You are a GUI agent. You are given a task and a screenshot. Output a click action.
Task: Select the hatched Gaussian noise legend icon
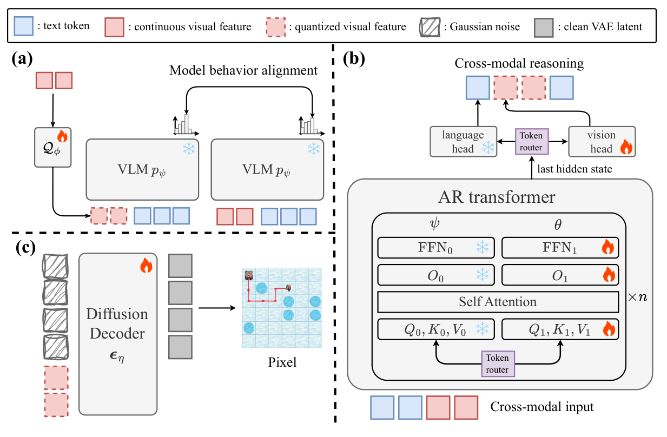(431, 25)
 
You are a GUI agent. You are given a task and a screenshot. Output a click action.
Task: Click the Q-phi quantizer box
(52, 148)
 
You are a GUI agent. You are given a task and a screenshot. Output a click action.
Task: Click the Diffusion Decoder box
(117, 333)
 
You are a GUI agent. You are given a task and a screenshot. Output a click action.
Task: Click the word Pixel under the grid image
(282, 362)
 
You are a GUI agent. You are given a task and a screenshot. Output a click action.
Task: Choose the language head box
(464, 142)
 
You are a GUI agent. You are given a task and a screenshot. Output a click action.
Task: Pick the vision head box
(602, 142)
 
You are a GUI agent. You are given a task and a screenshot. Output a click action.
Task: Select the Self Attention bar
(498, 301)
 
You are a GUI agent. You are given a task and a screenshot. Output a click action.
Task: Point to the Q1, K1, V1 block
(560, 328)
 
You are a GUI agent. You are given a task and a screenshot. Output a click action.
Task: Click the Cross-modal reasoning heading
(519, 63)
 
